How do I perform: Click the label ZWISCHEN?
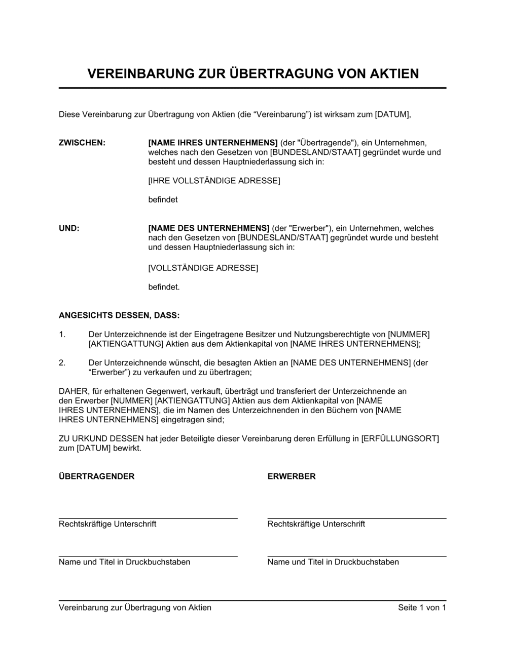click(82, 143)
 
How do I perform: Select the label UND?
click(69, 228)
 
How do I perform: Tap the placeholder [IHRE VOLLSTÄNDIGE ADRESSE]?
click(214, 181)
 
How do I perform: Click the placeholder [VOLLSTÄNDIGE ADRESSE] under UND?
click(203, 268)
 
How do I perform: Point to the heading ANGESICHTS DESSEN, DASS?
click(119, 316)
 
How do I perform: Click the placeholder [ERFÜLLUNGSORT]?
click(400, 439)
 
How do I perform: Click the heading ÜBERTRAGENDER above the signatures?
click(97, 476)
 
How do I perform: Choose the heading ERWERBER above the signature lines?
click(292, 476)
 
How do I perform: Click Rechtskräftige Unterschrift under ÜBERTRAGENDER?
click(107, 524)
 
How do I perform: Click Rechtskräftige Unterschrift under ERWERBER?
click(316, 524)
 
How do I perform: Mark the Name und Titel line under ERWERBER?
click(333, 562)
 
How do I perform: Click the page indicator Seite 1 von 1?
click(422, 607)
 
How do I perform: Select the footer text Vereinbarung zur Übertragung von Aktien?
click(135, 607)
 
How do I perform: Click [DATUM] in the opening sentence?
click(392, 114)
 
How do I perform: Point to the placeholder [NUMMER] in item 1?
click(409, 335)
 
